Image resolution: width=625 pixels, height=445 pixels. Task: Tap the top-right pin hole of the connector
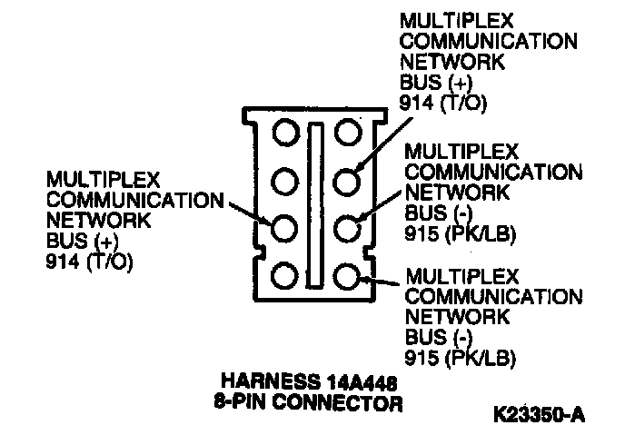pyautogui.click(x=347, y=133)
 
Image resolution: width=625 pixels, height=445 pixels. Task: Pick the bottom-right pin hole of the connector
pyautogui.click(x=347, y=275)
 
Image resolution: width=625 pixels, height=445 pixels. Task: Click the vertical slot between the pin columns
pyautogui.click(x=316, y=203)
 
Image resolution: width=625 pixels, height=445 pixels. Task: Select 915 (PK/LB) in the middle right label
pyautogui.click(x=461, y=232)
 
